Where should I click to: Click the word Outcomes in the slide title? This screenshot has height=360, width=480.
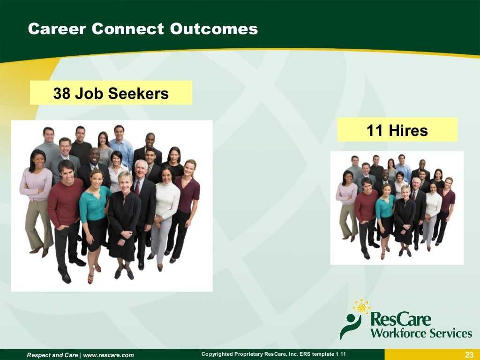pos(214,29)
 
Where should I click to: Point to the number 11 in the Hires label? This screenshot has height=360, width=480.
pos(375,130)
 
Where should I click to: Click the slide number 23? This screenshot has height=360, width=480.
pos(469,355)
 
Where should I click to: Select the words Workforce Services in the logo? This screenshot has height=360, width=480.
pos(421,333)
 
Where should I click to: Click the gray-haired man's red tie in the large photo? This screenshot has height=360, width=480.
pos(137,187)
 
